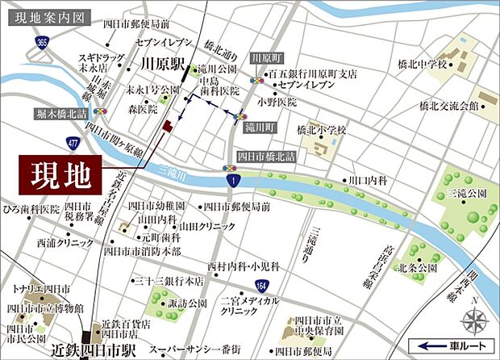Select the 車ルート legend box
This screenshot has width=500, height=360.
click(452, 345)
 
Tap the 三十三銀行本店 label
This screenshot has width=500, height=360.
click(168, 282)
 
